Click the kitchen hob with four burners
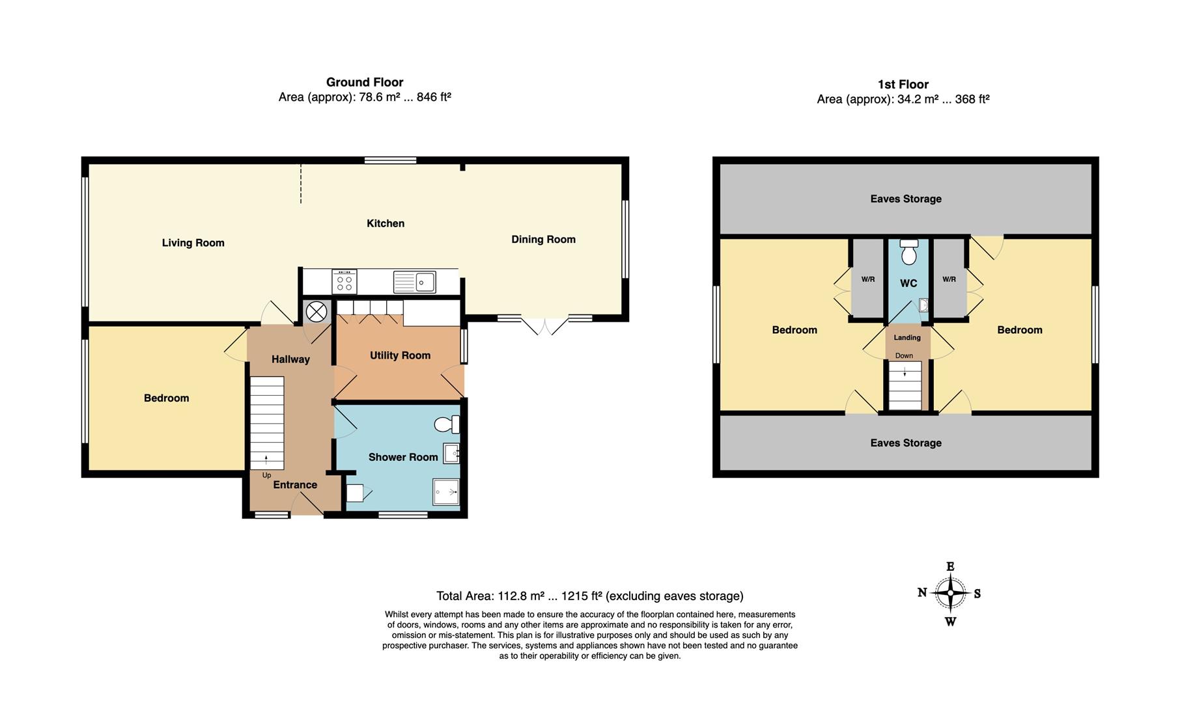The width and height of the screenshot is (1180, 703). click(344, 281)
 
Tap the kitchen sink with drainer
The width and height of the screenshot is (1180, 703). click(415, 282)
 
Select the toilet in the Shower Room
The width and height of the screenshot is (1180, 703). click(447, 424)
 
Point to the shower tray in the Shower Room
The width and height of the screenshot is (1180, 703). click(446, 492)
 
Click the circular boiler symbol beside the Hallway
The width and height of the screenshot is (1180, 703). click(316, 312)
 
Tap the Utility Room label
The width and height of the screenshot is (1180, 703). click(400, 355)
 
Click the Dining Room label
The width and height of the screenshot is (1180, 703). click(543, 240)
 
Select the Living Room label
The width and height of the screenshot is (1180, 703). click(193, 243)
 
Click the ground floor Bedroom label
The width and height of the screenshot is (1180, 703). click(166, 398)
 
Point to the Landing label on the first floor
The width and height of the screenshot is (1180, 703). click(907, 337)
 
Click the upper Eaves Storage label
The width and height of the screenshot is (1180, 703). click(906, 199)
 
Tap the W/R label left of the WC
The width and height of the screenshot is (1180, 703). click(867, 279)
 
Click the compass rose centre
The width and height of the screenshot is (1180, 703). click(951, 593)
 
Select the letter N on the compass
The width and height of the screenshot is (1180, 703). click(922, 592)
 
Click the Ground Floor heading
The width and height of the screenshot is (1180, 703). click(365, 82)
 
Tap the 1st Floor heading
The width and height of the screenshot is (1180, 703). click(903, 84)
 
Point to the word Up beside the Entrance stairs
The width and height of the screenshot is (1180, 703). click(266, 475)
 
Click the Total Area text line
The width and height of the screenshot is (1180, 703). click(589, 596)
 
